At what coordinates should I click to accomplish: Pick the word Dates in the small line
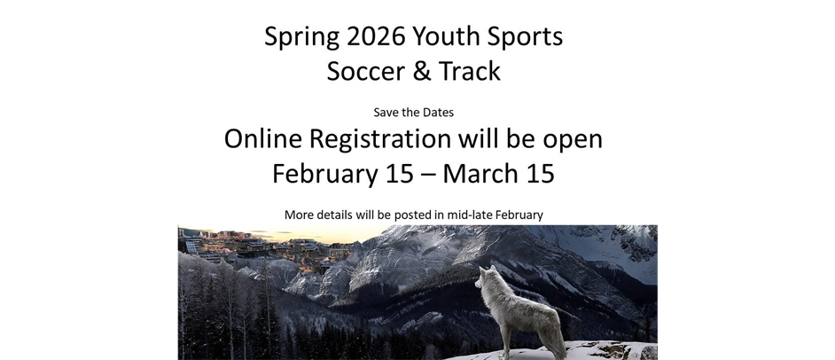(438, 113)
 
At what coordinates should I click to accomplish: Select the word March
(480, 173)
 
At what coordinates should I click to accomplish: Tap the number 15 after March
(539, 173)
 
